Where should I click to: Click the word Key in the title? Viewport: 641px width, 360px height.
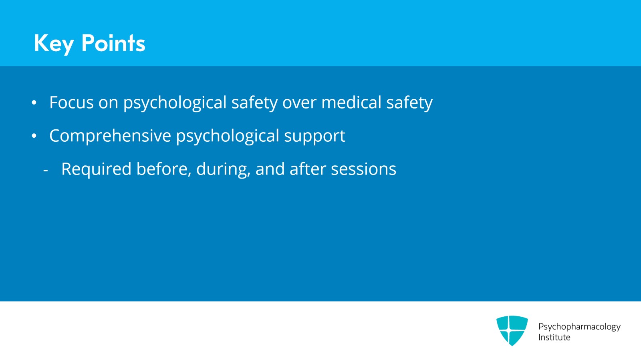tap(54, 44)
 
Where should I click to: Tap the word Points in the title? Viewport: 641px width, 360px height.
tap(113, 43)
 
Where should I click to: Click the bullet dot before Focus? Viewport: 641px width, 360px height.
tap(34, 103)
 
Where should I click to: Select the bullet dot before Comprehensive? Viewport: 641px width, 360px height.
tap(34, 136)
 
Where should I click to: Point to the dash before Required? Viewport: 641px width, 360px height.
tap(46, 171)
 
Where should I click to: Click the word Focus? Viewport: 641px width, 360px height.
tap(72, 103)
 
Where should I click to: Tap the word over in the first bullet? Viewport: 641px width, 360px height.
tap(299, 103)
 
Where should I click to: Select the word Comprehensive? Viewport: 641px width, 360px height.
tap(110, 136)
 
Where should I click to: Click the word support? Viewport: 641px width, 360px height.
tap(314, 137)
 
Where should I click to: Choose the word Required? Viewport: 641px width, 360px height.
tap(97, 169)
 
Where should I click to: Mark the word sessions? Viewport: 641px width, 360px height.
tap(363, 169)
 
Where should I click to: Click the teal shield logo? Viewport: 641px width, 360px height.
tap(512, 330)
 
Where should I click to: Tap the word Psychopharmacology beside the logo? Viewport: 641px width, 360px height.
tap(579, 327)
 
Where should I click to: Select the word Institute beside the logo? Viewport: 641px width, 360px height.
tap(554, 338)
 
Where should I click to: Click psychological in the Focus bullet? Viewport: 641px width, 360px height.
tap(175, 103)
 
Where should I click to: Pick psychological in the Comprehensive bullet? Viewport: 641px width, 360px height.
tap(228, 137)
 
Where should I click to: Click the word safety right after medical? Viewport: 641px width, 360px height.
tap(409, 103)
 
